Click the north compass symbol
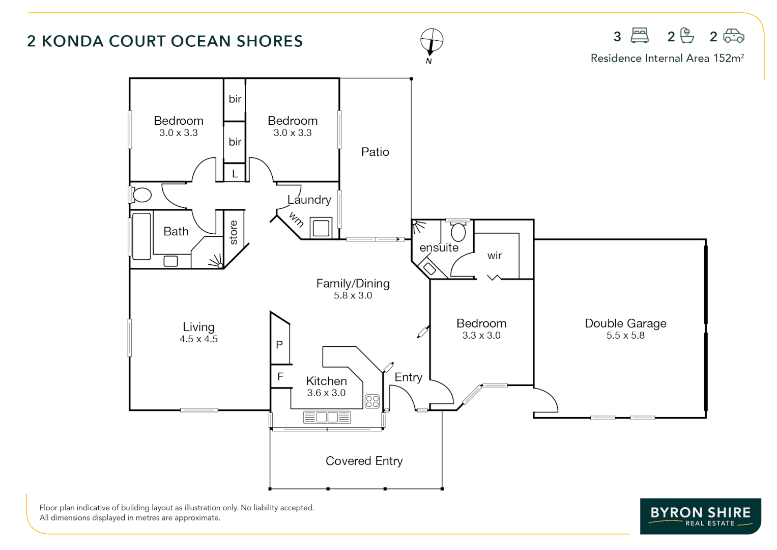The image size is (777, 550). pyautogui.click(x=431, y=41)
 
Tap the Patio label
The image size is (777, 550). pyautogui.click(x=375, y=152)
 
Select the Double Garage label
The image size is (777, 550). pyautogui.click(x=625, y=323)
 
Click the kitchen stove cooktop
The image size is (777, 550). pyautogui.click(x=372, y=401)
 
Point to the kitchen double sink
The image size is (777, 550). pyautogui.click(x=327, y=418)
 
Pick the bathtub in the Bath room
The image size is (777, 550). pyautogui.click(x=141, y=236)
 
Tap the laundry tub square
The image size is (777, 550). pyautogui.click(x=321, y=228)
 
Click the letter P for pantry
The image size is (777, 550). pyautogui.click(x=279, y=345)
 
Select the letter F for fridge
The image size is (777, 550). pyautogui.click(x=280, y=377)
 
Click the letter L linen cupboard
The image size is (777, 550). pyautogui.click(x=235, y=174)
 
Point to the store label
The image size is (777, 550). pyautogui.click(x=234, y=232)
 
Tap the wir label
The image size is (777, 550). pyautogui.click(x=494, y=256)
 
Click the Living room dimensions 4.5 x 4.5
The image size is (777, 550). pyautogui.click(x=198, y=339)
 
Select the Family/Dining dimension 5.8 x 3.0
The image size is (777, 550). pyautogui.click(x=353, y=295)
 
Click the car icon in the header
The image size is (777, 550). pyautogui.click(x=734, y=36)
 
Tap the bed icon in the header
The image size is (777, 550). pyautogui.click(x=640, y=36)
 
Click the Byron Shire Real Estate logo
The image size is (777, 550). pyautogui.click(x=700, y=516)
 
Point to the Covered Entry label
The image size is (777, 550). pyautogui.click(x=364, y=461)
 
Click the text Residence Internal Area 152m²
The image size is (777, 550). pyautogui.click(x=667, y=58)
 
